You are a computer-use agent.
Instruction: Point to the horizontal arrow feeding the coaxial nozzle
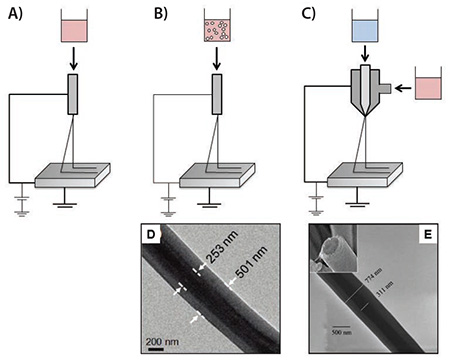(x=399, y=88)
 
